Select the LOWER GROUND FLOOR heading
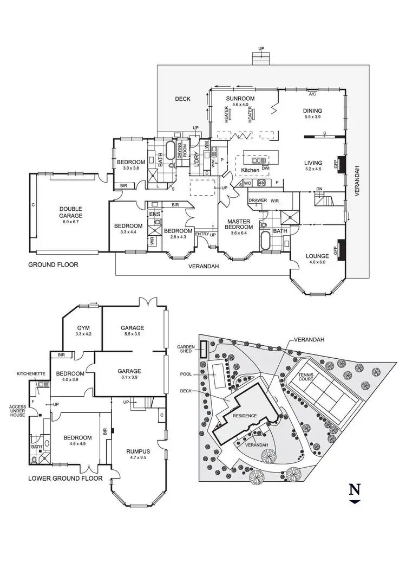click(66, 479)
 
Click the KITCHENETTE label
click(29, 374)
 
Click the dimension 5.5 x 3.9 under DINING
click(313, 117)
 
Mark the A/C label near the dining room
click(312, 94)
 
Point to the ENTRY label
click(202, 234)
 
